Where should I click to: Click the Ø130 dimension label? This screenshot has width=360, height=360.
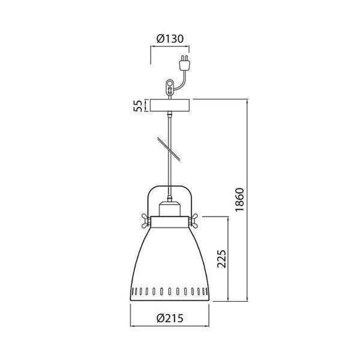[170, 39]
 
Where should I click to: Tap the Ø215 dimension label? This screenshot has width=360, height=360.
[170, 318]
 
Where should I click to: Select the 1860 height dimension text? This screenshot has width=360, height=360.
[239, 200]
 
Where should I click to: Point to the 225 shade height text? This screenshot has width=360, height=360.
[221, 259]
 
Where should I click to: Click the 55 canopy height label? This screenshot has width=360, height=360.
[138, 106]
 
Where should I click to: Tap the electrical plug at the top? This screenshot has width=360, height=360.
[184, 62]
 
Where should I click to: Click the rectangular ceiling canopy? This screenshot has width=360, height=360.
[170, 106]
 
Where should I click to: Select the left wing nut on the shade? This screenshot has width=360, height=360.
[146, 221]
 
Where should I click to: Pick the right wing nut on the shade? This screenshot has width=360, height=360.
[194, 221]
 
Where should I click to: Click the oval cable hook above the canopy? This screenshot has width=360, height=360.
[170, 87]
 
